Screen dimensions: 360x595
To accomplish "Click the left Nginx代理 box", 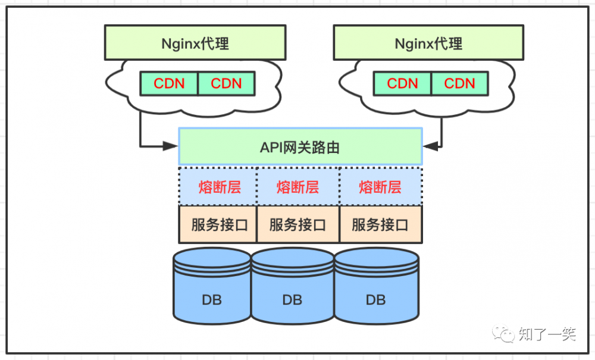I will coord(195,43).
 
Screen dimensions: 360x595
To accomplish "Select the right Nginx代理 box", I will coord(428,43).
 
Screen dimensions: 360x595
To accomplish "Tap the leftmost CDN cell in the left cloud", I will coord(169,84).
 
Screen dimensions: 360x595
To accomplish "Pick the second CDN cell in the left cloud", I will coord(226,84).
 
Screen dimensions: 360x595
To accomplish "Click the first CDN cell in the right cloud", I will coord(402,84).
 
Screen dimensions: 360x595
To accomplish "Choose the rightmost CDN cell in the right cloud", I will coord(459,84).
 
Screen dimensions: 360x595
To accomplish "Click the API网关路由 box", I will coord(300,147).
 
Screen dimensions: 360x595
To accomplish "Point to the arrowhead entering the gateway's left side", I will coord(174,145).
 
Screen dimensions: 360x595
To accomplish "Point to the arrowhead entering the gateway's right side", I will coord(428,145).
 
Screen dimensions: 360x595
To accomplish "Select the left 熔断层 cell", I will coord(219,187).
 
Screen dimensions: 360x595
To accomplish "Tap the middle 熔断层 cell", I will coord(297,187).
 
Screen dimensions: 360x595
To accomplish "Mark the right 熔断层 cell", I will coord(380,187).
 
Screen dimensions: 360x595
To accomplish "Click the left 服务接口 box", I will coord(219,225).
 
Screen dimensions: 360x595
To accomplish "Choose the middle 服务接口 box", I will coord(297,225).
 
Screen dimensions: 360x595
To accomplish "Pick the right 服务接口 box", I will coord(380,225).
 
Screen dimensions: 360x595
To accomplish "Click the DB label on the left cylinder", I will coord(212,299).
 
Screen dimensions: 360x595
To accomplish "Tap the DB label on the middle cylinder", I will coord(292,299).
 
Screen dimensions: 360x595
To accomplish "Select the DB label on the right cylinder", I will coord(376,299).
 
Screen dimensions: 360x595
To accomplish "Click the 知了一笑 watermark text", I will coord(547,334).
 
